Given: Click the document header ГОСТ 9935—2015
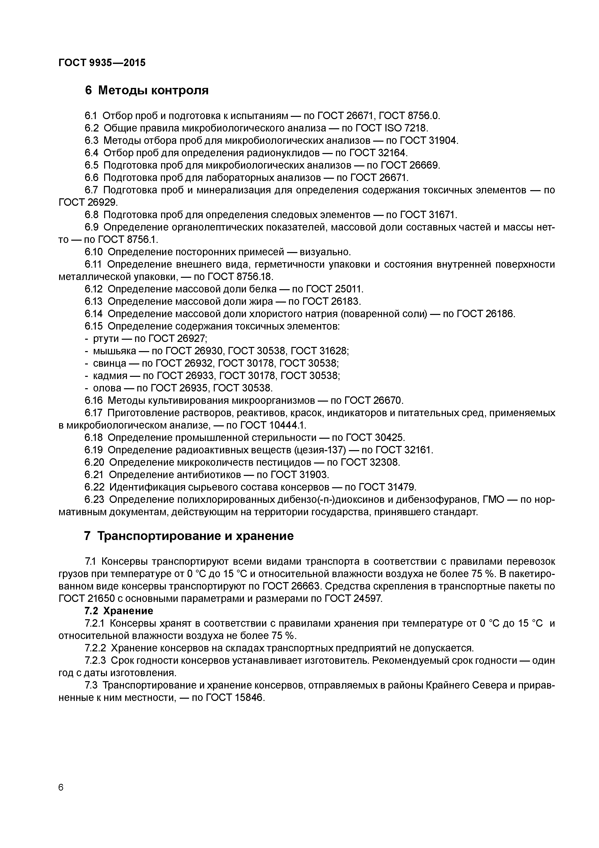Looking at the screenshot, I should pos(102,63).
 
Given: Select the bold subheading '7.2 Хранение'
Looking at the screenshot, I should pos(119,611).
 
